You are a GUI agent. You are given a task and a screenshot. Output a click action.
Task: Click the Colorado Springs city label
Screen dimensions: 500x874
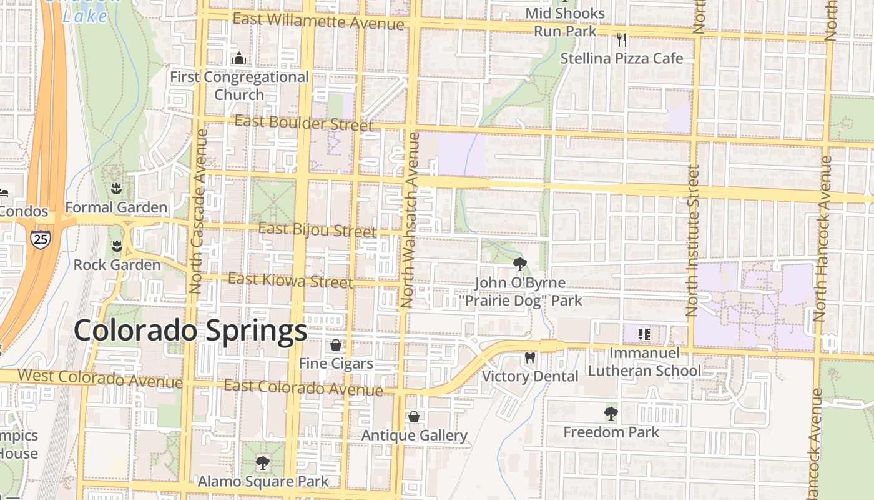190,331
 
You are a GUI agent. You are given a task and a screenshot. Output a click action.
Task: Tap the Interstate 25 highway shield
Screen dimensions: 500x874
40,238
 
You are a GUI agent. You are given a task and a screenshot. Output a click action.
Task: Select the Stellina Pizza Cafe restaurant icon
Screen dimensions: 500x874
621,40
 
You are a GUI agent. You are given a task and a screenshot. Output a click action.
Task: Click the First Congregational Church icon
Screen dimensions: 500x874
239,59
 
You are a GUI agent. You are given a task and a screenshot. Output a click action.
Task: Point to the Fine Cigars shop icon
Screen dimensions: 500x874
336,345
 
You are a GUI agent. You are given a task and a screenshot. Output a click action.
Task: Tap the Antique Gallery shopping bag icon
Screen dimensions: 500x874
414,417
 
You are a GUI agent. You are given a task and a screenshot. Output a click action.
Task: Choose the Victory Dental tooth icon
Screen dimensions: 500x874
529,358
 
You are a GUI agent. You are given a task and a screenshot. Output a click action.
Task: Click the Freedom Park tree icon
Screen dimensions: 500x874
611,413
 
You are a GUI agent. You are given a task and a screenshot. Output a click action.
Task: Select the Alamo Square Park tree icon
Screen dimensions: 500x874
263,463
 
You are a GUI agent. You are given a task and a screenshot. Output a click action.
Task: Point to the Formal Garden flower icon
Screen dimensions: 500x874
116,188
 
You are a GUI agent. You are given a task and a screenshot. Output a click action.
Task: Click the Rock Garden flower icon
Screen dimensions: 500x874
117,246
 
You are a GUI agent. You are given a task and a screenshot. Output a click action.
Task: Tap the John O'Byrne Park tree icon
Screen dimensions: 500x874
519,264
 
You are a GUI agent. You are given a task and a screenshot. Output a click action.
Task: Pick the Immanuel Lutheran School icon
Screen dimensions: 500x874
644,334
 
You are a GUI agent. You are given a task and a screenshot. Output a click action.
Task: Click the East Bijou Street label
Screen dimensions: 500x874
317,230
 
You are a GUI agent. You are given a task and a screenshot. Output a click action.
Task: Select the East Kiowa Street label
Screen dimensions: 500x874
290,281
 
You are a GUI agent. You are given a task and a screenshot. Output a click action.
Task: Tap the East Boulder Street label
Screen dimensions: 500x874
304,122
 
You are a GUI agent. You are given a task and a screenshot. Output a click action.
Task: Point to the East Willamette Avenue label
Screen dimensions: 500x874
318,21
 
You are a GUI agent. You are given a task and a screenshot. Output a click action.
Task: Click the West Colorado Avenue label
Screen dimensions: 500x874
100,378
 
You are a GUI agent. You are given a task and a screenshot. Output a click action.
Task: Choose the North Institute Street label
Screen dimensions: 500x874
693,241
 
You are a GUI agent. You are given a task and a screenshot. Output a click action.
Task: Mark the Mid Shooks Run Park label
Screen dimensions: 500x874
565,22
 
